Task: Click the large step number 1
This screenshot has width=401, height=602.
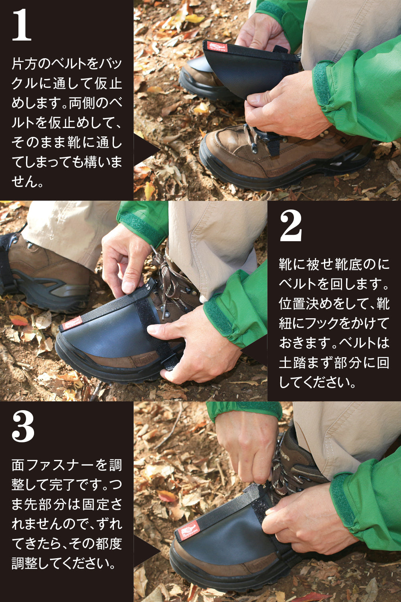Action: pos(22,24)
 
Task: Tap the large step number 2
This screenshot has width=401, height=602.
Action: pos(290,226)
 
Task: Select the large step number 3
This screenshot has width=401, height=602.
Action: pos(23,427)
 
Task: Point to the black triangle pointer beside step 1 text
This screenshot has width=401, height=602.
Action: pos(147,150)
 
